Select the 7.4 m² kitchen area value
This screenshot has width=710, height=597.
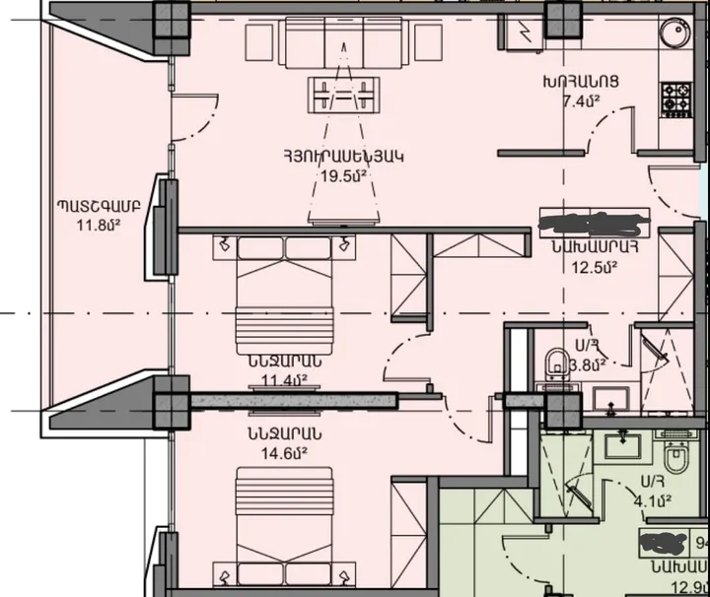577,100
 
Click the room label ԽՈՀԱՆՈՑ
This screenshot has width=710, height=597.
576,82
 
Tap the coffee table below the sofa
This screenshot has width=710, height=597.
342,95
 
